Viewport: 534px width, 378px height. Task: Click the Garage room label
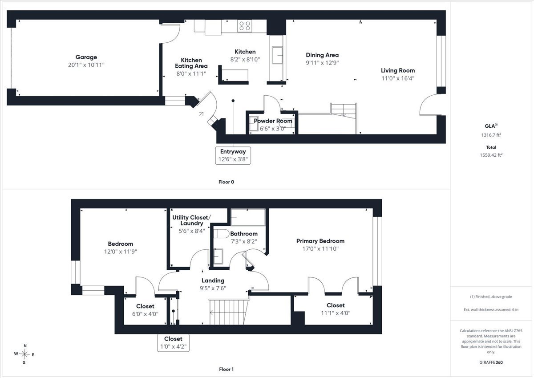86,57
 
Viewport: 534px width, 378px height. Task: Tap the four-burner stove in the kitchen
245,26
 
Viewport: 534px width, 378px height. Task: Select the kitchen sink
277,55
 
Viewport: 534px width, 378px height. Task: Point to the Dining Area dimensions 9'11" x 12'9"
322,63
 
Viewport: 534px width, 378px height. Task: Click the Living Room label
398,71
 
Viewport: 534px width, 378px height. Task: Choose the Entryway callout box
233,155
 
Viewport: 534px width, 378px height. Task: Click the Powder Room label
273,121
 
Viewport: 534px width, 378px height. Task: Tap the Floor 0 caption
226,182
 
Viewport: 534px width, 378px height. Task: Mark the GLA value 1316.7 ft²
491,135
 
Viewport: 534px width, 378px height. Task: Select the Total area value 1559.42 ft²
491,155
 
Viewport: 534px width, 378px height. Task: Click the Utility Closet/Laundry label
192,220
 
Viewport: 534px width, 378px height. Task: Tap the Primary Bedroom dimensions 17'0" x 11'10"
320,249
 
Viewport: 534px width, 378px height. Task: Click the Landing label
213,280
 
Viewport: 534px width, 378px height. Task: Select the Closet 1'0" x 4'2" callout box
173,343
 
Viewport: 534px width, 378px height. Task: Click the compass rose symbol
24,354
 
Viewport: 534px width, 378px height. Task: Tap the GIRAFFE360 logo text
491,362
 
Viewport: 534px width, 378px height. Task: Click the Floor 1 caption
226,369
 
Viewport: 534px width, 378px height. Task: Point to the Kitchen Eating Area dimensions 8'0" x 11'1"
191,74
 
